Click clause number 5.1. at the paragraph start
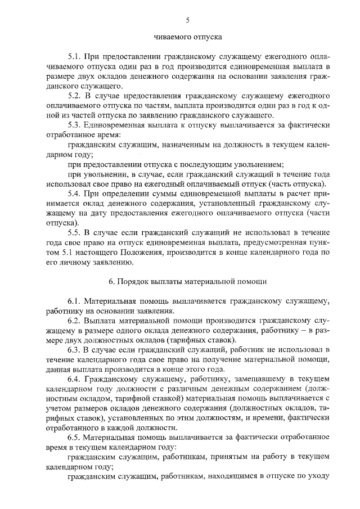click(x=74, y=57)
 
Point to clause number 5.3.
click(x=74, y=125)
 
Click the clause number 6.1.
click(x=74, y=301)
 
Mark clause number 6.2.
click(x=74, y=321)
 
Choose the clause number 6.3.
click(x=74, y=350)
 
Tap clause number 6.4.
click(x=74, y=379)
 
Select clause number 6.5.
click(x=74, y=438)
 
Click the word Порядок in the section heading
click(x=133, y=280)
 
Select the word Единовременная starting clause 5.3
click(x=116, y=125)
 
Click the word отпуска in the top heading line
click(x=205, y=37)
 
